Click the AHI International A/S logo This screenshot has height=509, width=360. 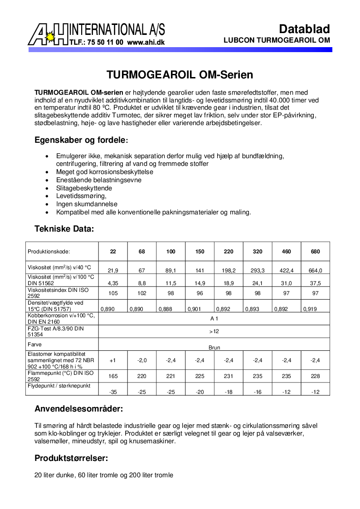(x=96, y=34)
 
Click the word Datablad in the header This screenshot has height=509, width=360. (x=304, y=29)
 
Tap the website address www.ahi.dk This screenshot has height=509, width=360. (x=146, y=42)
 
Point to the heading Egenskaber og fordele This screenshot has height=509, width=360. (x=82, y=140)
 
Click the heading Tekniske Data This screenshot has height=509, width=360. (x=64, y=229)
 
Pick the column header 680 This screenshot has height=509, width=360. (x=316, y=252)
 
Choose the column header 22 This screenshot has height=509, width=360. (x=113, y=252)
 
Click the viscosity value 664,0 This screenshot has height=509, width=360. (x=316, y=271)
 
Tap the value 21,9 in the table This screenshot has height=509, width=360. (x=113, y=271)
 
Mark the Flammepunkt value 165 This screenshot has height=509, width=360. (x=113, y=376)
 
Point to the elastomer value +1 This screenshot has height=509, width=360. (x=113, y=360)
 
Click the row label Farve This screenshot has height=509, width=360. (x=34, y=344)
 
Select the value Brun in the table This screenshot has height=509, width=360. (x=214, y=347)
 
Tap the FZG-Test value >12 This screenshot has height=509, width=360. (x=214, y=331)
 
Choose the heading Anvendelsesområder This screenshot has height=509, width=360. (x=78, y=409)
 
